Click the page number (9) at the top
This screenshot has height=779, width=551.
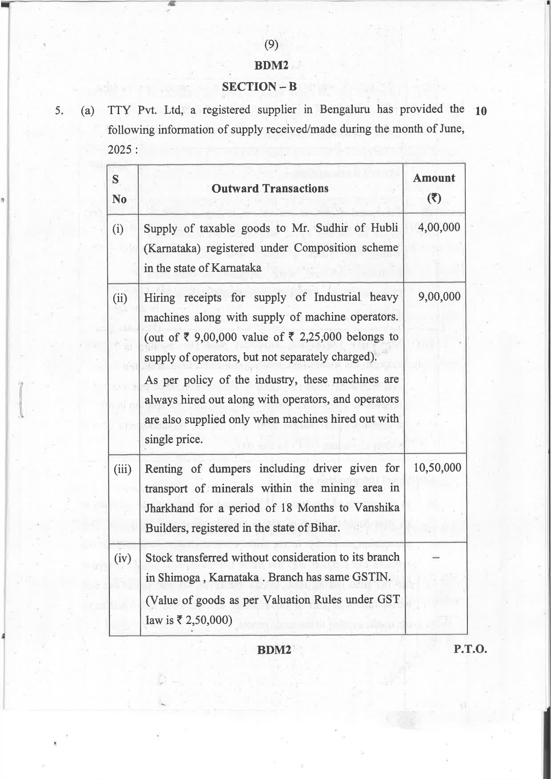click(271, 44)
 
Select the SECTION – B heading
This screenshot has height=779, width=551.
click(259, 87)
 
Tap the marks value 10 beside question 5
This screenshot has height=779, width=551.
click(480, 111)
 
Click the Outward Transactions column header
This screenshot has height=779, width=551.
click(270, 189)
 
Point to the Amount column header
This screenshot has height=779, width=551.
click(434, 178)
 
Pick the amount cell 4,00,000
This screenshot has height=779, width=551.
click(439, 227)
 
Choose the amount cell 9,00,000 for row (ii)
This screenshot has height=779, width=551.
click(439, 297)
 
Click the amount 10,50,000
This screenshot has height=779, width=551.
click(437, 467)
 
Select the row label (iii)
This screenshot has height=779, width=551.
click(123, 469)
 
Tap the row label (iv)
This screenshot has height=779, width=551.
click(123, 558)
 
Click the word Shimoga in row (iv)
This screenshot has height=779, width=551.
click(182, 578)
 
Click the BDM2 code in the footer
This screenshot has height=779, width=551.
click(274, 650)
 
